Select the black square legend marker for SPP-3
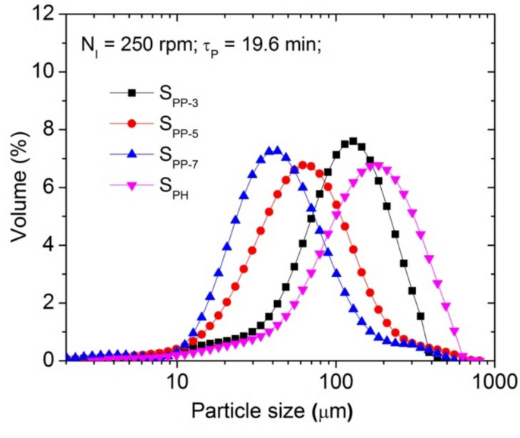[131, 93]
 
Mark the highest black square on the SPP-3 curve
[352, 141]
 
